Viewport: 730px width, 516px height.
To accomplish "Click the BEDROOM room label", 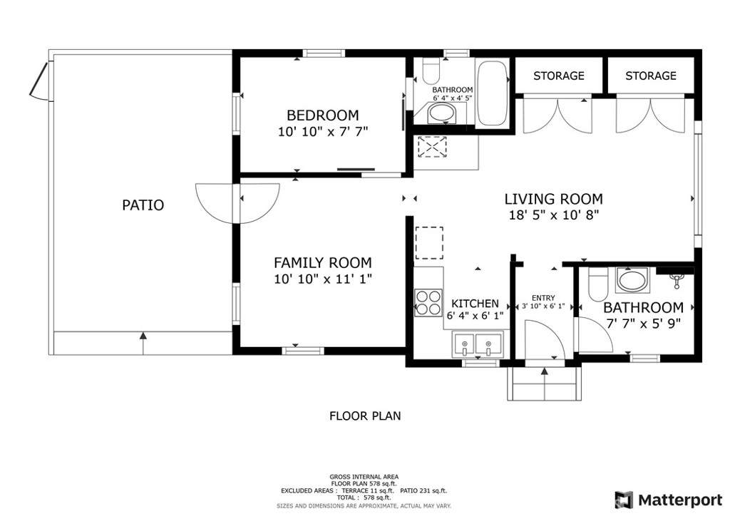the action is point(323,115).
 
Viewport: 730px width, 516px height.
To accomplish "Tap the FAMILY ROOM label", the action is point(323,263).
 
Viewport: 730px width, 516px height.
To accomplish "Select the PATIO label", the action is point(143,205).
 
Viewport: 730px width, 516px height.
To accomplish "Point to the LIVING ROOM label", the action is point(553,199).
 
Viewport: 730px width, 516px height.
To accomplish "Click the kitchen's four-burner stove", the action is point(428,303).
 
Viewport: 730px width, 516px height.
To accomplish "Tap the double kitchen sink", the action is point(476,345).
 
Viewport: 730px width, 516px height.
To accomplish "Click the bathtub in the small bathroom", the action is point(492,93).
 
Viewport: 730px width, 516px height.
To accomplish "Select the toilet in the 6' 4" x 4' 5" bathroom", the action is point(431,71).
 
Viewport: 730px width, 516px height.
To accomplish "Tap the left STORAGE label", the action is point(559,76).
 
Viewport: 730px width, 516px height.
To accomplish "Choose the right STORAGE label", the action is point(650,76).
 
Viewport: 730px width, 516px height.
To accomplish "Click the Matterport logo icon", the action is point(624,500).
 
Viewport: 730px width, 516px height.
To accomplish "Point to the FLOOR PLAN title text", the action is point(365,416).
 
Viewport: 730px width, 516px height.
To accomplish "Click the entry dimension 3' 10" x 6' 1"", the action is point(543,306).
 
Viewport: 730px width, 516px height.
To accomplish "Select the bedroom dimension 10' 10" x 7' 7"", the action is point(323,132).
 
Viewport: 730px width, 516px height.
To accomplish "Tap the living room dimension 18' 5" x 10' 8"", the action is point(553,215).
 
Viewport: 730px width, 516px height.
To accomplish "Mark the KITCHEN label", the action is point(475,304).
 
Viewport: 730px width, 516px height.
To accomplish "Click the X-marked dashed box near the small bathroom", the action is point(433,147).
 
